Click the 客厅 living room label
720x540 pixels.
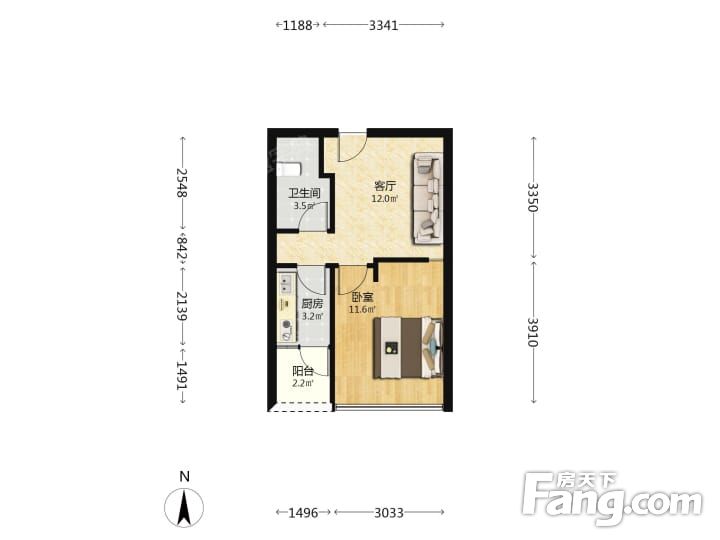point(385,186)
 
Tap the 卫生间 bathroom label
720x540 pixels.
point(304,193)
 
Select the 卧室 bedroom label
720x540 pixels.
point(363,298)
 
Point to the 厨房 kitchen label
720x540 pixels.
point(312,304)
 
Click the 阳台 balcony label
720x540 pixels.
point(303,371)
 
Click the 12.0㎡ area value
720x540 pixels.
point(385,199)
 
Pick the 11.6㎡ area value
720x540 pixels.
point(362,309)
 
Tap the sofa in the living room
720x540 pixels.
point(428,198)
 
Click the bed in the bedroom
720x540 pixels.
point(408,348)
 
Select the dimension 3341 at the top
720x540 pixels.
point(383,25)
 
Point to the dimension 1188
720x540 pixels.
point(297,25)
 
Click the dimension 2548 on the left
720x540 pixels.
point(182,183)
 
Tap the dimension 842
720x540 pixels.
point(182,248)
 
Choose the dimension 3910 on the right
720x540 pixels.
point(533,332)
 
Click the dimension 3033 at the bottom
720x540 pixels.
point(389,512)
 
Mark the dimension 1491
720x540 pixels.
point(182,376)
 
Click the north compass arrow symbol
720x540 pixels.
point(184,507)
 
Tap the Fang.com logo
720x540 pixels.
point(613,498)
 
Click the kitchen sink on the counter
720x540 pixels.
point(286,283)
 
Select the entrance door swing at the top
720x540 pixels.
point(352,145)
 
